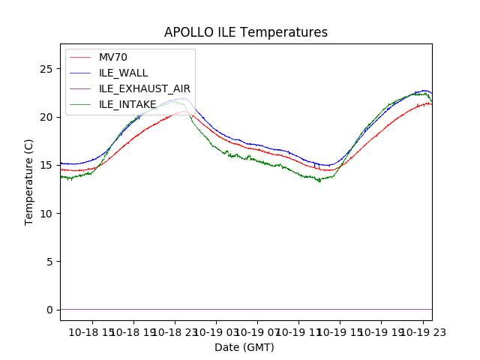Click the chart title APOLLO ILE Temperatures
pyautogui.click(x=246, y=33)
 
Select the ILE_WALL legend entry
pyautogui.click(x=124, y=73)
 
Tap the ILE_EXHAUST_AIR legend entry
pyautogui.click(x=145, y=88)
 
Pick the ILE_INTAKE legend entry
pyautogui.click(x=127, y=104)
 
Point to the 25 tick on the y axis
pyautogui.click(x=49, y=69)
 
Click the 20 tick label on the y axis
pyautogui.click(x=49, y=117)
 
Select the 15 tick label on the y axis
pyautogui.click(x=49, y=165)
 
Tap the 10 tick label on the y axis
pyautogui.click(x=49, y=214)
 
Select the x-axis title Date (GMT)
pyautogui.click(x=244, y=347)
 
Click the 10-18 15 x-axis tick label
pyautogui.click(x=91, y=331)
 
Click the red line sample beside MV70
pyautogui.click(x=82, y=57)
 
